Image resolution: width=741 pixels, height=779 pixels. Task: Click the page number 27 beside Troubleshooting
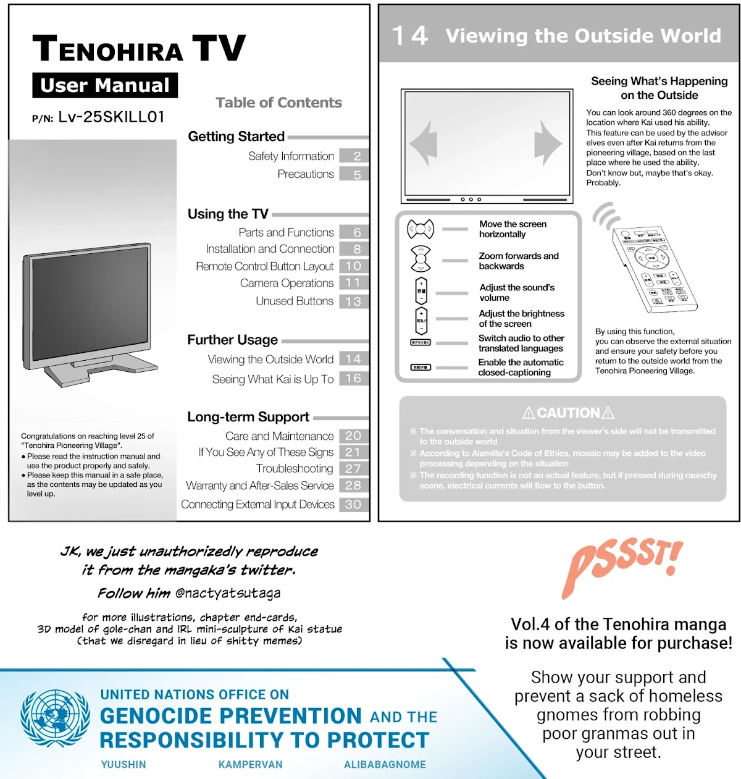353,469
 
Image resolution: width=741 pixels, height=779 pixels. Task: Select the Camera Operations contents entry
287,283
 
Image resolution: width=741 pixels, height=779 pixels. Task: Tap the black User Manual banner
105,85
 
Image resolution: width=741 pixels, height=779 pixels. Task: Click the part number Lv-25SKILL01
111,117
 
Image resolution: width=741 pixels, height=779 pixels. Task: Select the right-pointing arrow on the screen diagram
547,144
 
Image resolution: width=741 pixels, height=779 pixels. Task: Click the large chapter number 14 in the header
410,36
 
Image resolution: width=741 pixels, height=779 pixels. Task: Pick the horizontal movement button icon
421,229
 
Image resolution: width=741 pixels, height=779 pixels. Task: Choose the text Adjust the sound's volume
517,292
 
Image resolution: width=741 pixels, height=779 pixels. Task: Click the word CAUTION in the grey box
568,413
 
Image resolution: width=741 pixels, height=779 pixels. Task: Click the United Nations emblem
56,719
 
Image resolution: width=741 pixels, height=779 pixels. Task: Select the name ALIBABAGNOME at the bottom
385,765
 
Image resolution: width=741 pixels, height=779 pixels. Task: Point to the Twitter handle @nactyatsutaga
228,593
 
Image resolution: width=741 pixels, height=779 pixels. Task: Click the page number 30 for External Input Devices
353,504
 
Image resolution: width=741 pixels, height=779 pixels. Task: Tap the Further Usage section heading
233,340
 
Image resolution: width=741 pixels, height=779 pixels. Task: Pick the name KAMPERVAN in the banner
250,765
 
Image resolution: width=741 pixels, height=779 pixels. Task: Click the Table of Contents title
278,103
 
